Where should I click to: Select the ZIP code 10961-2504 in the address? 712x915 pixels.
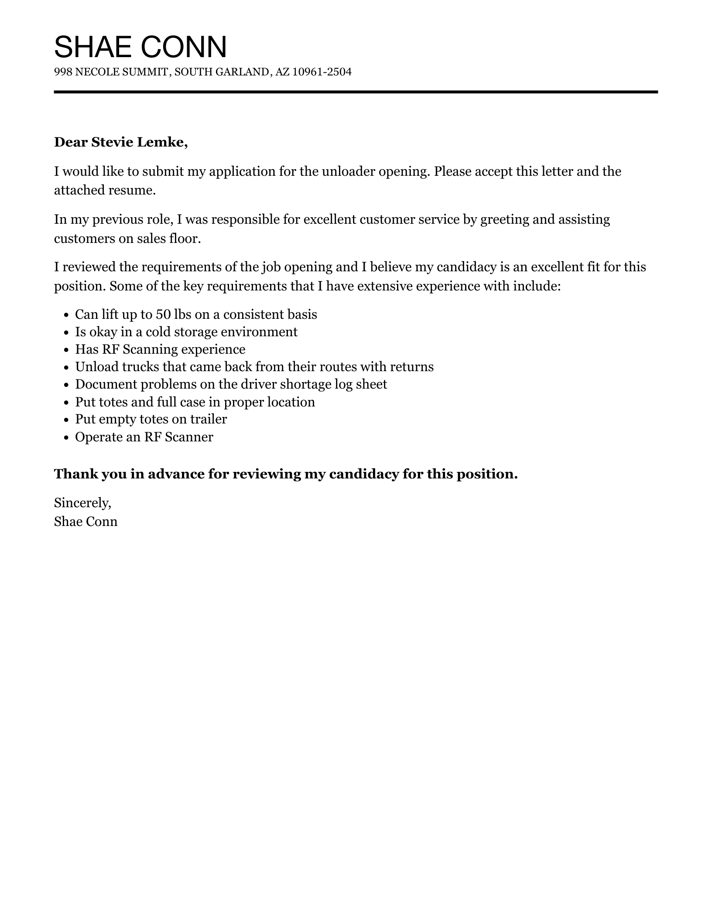point(322,72)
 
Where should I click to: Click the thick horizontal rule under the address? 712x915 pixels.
point(356,92)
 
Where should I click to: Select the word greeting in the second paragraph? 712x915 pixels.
point(504,219)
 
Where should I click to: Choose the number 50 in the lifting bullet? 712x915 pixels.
point(163,314)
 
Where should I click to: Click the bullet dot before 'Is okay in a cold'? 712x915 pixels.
point(66,333)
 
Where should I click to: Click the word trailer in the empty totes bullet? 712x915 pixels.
point(208,419)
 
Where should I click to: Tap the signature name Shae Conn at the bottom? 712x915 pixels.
point(86,522)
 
